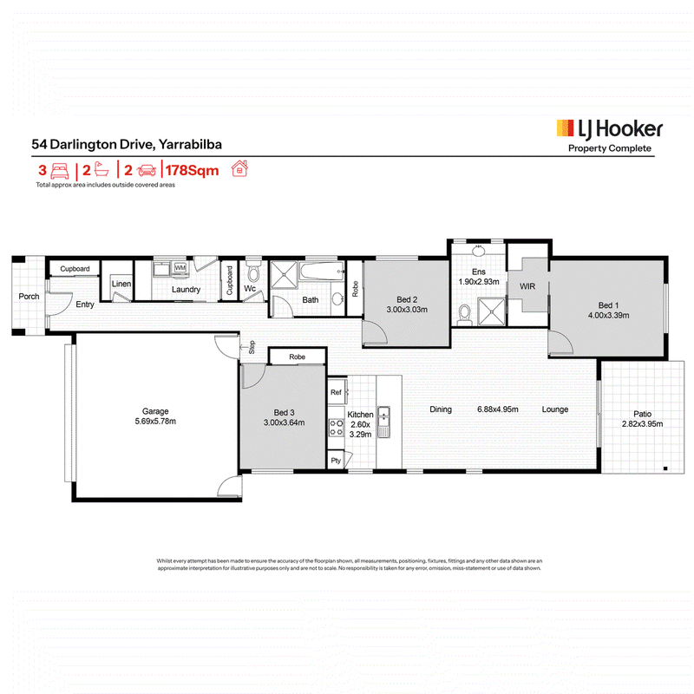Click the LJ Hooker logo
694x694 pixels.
click(610, 136)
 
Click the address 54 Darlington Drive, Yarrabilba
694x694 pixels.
click(127, 144)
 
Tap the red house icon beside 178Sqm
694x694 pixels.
click(239, 168)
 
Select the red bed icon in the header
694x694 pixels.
click(60, 170)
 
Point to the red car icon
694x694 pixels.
click(147, 170)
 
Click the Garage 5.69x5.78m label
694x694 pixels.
click(155, 416)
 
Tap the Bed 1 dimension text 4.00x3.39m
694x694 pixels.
click(608, 315)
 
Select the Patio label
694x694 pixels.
click(642, 414)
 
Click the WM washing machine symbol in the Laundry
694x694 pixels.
click(180, 268)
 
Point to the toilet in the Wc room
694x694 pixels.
click(253, 272)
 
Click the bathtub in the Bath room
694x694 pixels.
click(322, 271)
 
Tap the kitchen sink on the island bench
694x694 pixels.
click(383, 422)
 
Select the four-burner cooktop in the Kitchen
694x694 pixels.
click(337, 428)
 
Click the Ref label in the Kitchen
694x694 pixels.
click(336, 392)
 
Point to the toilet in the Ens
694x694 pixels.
click(464, 315)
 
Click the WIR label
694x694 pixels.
click(527, 286)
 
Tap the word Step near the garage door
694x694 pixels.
click(252, 347)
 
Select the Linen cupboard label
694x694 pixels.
click(121, 284)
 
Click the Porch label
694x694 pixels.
click(29, 296)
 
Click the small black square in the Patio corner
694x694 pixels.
click(665, 468)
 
